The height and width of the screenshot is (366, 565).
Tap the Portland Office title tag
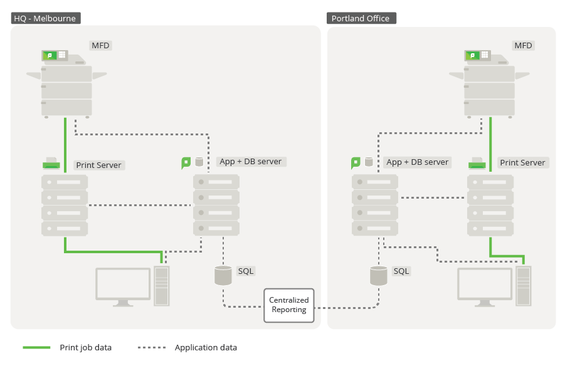361,18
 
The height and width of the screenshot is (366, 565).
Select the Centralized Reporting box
288,305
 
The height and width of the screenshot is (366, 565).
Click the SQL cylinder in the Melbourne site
223,274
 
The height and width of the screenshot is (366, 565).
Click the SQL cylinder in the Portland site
378,275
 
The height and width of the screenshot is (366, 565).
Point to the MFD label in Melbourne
100,45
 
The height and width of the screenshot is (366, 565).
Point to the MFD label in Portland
523,45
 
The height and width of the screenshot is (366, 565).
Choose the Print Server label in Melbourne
98,165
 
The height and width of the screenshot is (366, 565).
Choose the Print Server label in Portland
522,162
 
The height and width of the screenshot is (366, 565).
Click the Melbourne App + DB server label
250,162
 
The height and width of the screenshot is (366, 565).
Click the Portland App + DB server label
418,162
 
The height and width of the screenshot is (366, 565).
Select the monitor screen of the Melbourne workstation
123,283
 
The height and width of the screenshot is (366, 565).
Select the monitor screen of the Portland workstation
485,283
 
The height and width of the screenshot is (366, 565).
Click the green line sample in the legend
36,348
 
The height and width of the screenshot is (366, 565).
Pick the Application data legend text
206,348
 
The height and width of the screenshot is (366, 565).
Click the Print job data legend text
85,348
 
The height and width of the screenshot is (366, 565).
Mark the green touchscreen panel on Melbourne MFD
50,55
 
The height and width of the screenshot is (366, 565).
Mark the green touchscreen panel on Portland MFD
473,55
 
